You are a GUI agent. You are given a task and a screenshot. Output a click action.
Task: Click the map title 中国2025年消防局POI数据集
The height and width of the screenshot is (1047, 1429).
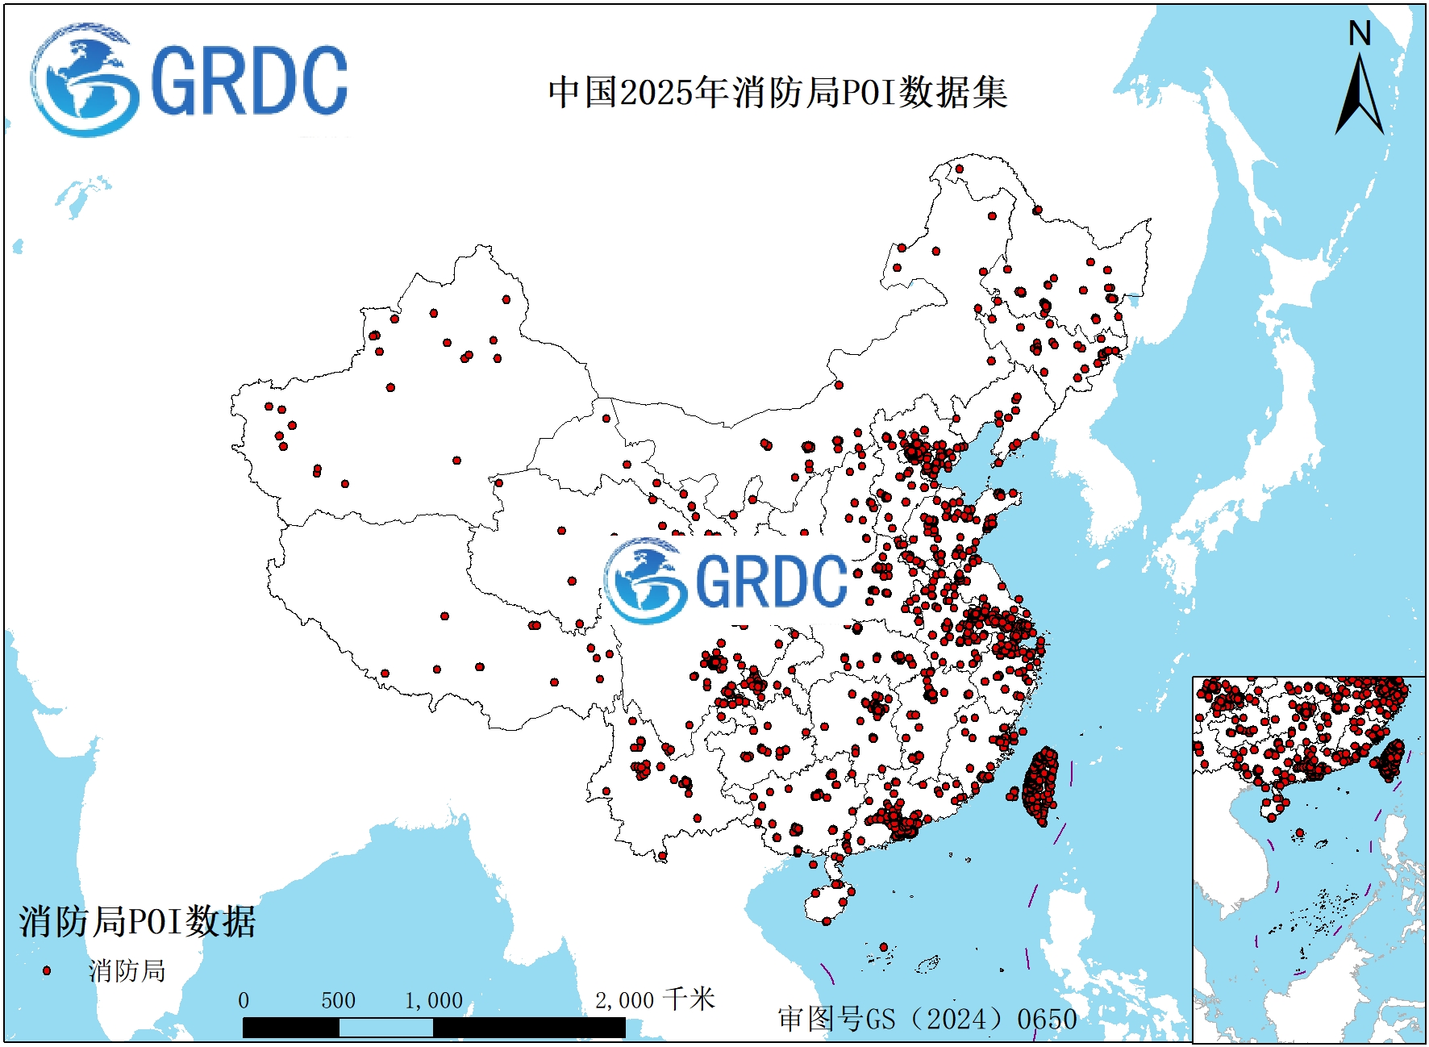(x=777, y=92)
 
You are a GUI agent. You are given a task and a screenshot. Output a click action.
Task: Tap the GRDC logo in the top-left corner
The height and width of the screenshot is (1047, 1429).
(x=190, y=81)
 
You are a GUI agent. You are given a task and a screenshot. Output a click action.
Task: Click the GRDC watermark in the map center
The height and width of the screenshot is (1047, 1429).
(x=726, y=581)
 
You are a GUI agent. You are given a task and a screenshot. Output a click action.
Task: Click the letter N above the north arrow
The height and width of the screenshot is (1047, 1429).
(x=1360, y=34)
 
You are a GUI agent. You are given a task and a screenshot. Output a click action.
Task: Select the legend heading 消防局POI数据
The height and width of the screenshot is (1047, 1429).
(x=137, y=921)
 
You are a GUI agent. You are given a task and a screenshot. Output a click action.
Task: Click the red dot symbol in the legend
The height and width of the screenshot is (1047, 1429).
(x=47, y=970)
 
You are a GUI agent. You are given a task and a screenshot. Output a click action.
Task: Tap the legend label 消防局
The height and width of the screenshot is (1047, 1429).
(x=127, y=970)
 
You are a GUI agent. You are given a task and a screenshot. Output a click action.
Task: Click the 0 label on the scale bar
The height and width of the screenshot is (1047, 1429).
(x=244, y=1001)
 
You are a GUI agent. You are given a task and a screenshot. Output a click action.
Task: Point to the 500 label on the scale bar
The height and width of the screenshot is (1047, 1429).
(x=338, y=1001)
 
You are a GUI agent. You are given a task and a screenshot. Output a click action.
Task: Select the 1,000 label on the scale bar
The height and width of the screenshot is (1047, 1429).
(x=434, y=1001)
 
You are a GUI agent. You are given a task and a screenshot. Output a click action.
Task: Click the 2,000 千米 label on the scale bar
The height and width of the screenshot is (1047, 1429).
(x=655, y=1000)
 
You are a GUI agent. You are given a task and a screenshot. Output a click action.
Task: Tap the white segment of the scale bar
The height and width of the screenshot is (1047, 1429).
(x=385, y=1028)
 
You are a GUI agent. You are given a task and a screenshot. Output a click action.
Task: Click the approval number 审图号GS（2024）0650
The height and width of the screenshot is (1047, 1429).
(x=927, y=1019)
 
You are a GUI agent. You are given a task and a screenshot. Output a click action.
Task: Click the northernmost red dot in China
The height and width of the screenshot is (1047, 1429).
(x=960, y=169)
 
